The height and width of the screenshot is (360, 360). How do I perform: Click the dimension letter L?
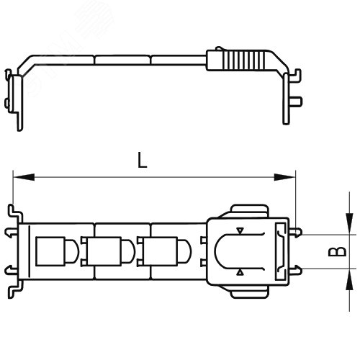point(142,161)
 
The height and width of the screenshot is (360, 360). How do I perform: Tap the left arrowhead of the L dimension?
point(24,177)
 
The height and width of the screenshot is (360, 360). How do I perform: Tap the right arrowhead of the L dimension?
point(284,177)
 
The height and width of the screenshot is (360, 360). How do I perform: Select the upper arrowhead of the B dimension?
point(349,224)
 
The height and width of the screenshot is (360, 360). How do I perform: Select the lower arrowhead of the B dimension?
point(349,279)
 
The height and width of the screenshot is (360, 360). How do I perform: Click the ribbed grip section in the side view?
point(243,60)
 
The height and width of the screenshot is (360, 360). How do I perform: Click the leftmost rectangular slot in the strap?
point(50,251)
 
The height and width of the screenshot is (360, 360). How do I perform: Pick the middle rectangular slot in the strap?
point(104,251)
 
